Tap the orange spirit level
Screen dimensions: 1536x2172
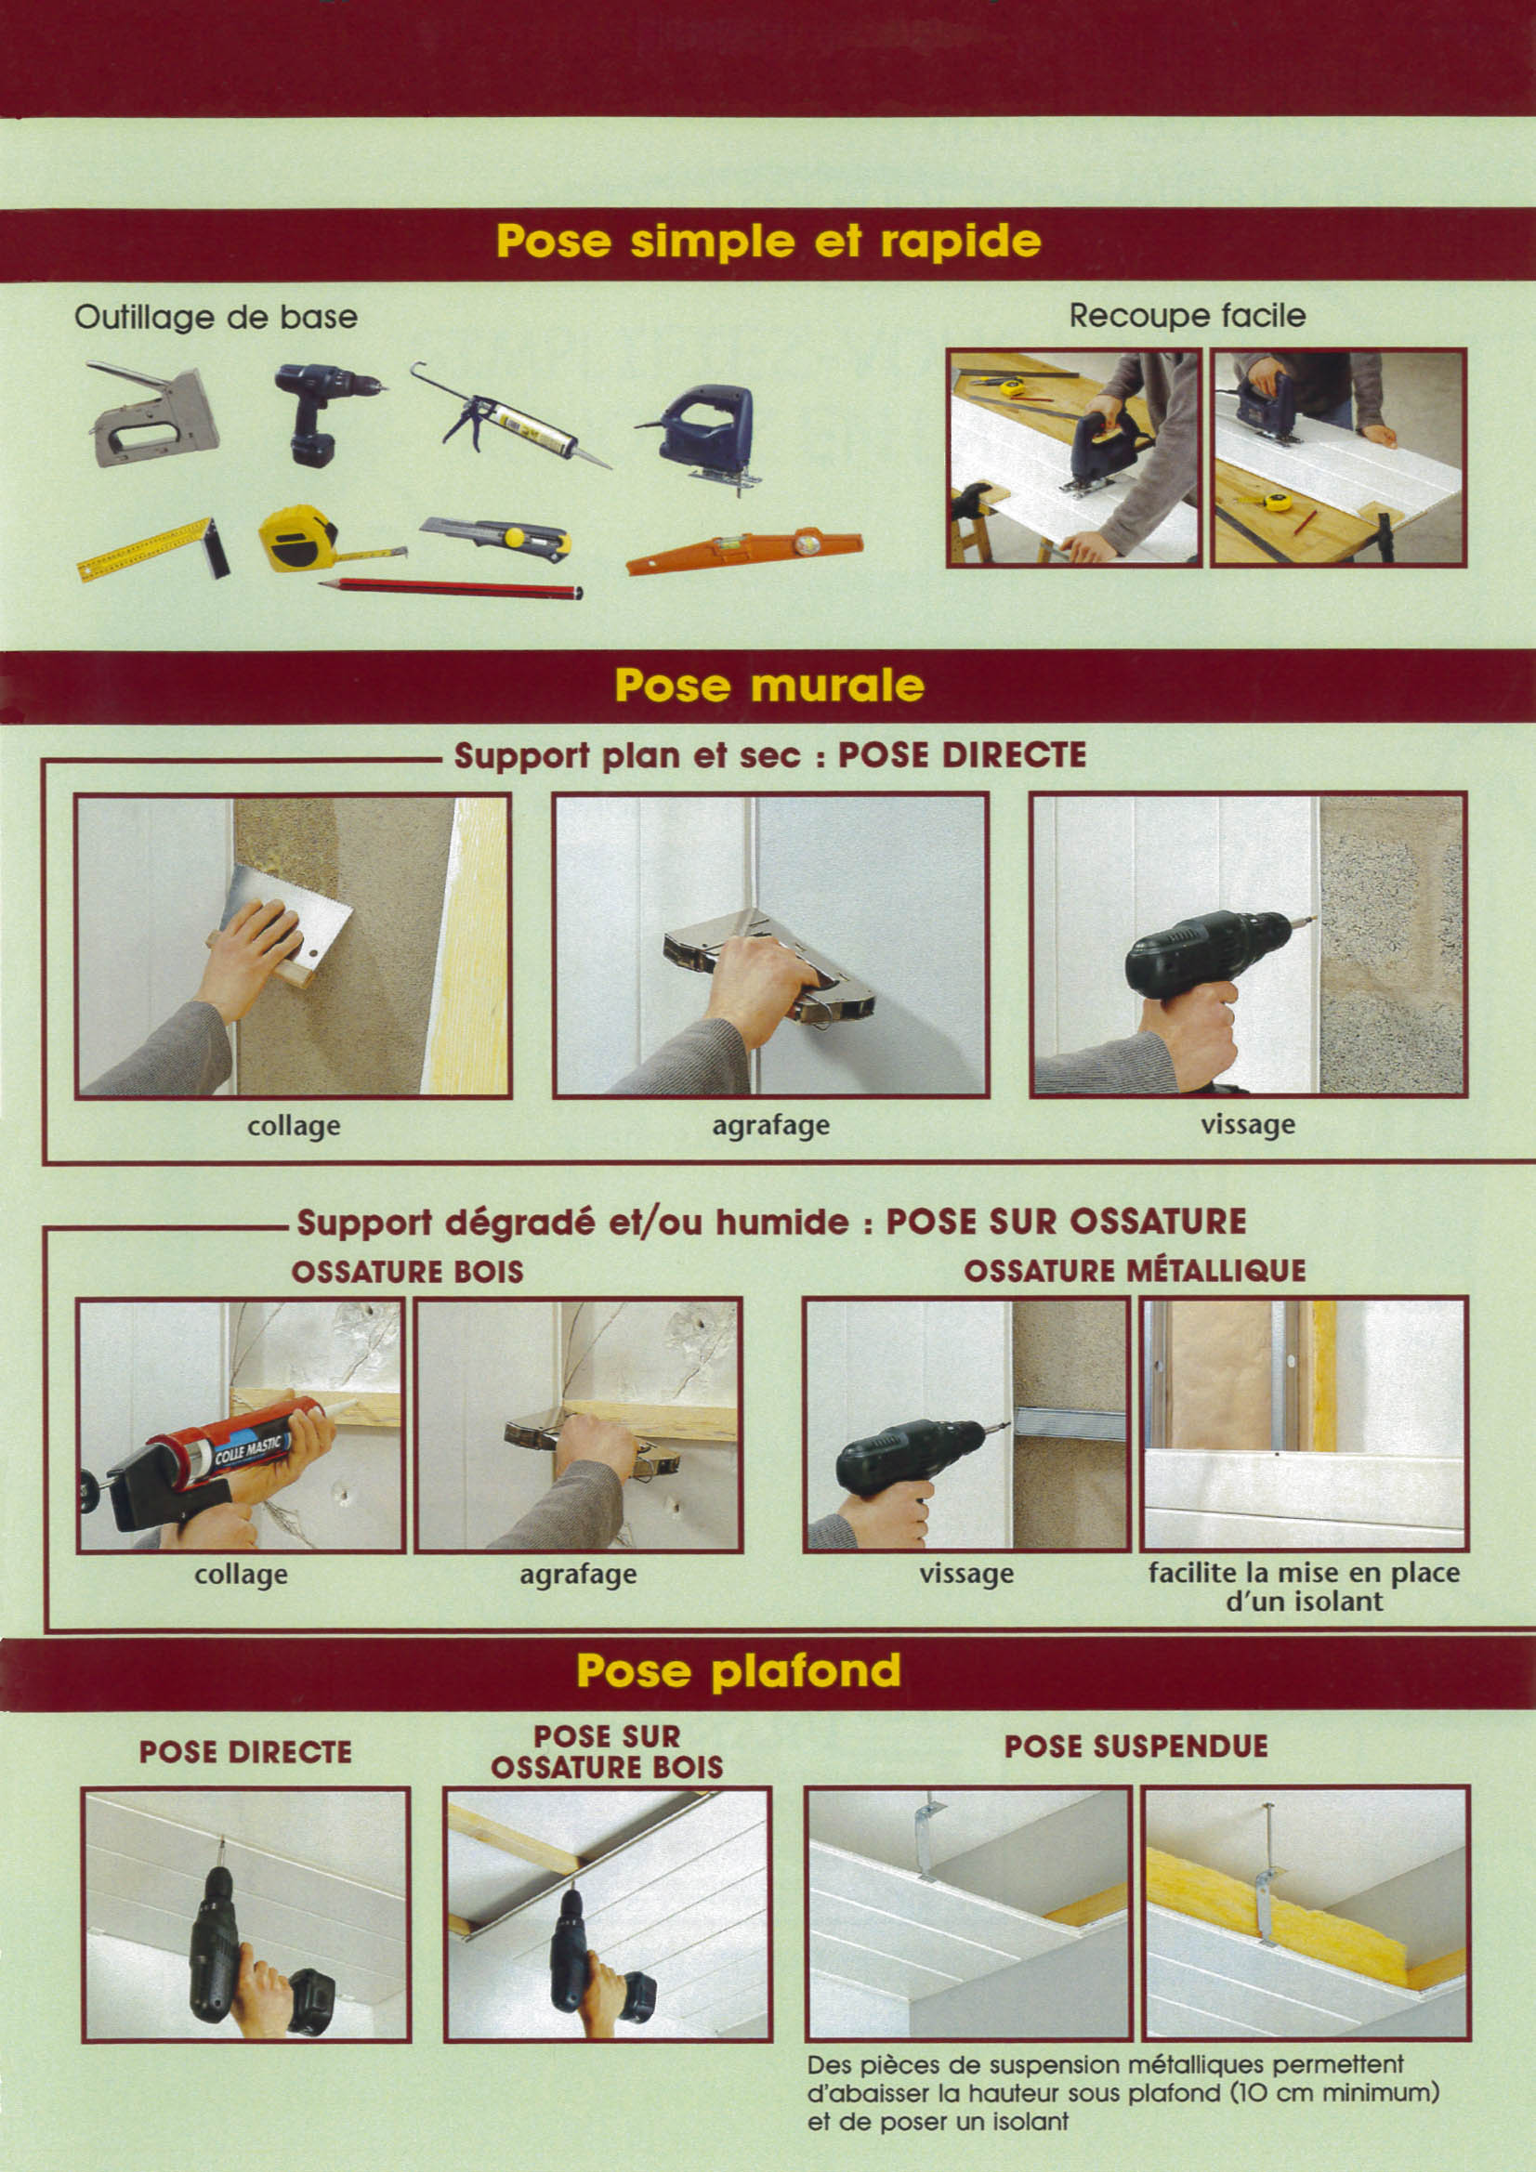click(744, 552)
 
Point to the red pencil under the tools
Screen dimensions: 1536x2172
click(451, 588)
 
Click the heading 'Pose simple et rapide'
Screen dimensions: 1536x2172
click(768, 242)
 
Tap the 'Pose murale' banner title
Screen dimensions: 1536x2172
click(768, 685)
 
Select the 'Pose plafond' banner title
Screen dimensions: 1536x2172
click(738, 1670)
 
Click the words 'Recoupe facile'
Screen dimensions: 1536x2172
click(1187, 315)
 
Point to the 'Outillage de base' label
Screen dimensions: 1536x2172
click(216, 316)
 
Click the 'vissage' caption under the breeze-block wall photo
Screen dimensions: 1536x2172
click(1247, 1125)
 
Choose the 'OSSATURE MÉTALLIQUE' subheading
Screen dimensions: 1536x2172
click(1135, 1271)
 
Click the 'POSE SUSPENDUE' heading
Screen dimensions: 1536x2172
click(1136, 1747)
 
